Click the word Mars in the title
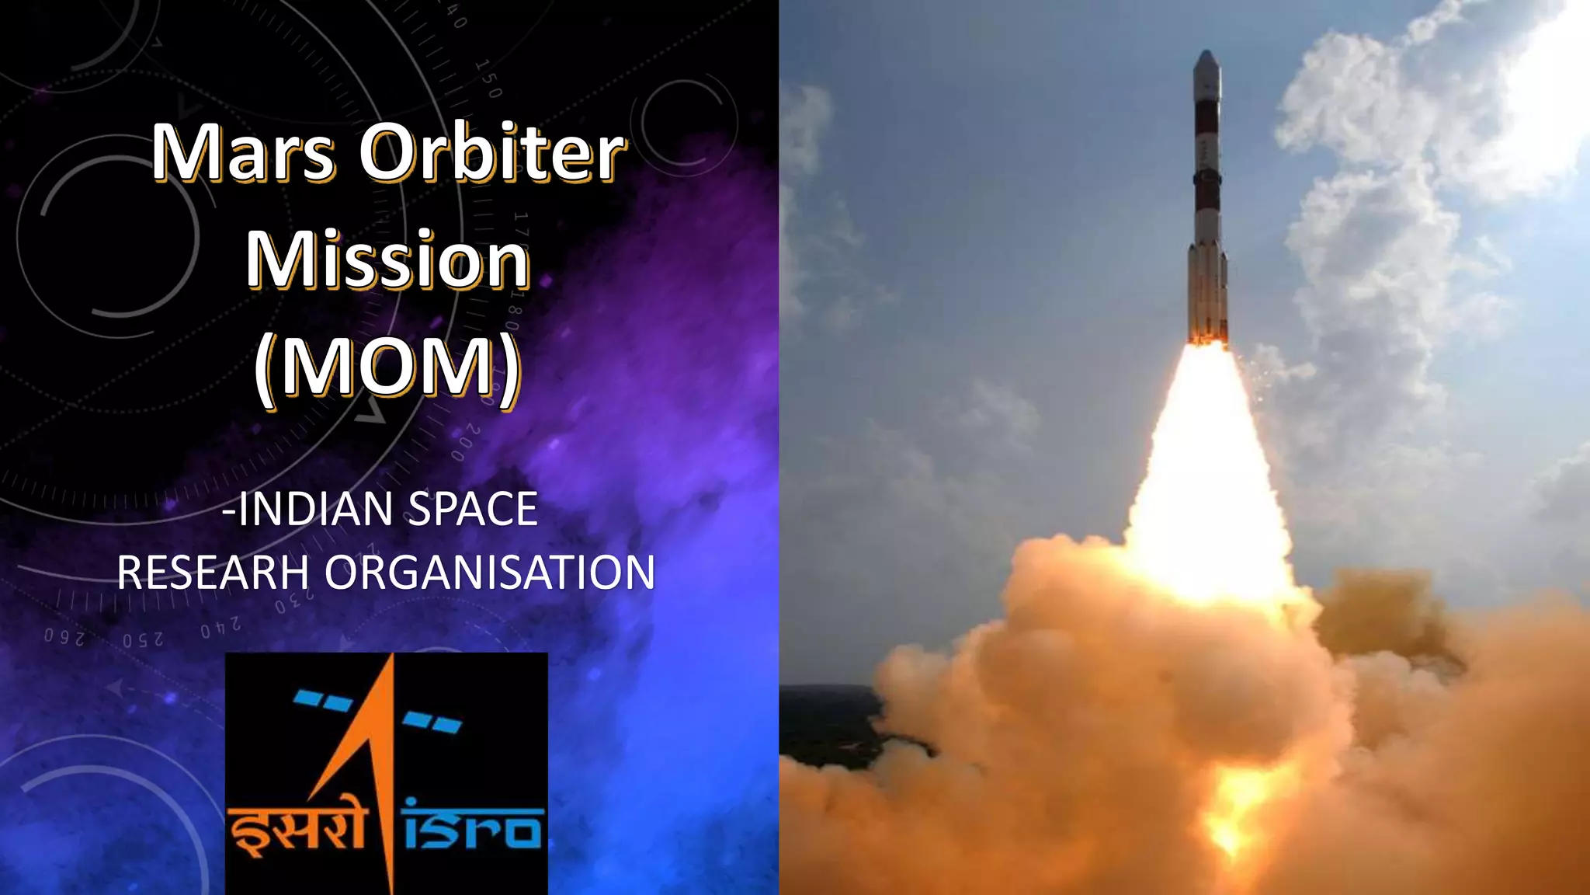coord(242,152)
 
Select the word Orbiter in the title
coord(491,152)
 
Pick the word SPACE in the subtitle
coord(473,509)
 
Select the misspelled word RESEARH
coord(213,573)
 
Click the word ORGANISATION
coord(490,573)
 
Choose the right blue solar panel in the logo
coord(432,722)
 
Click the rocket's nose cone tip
coord(1206,54)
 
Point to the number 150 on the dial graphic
coord(488,78)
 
